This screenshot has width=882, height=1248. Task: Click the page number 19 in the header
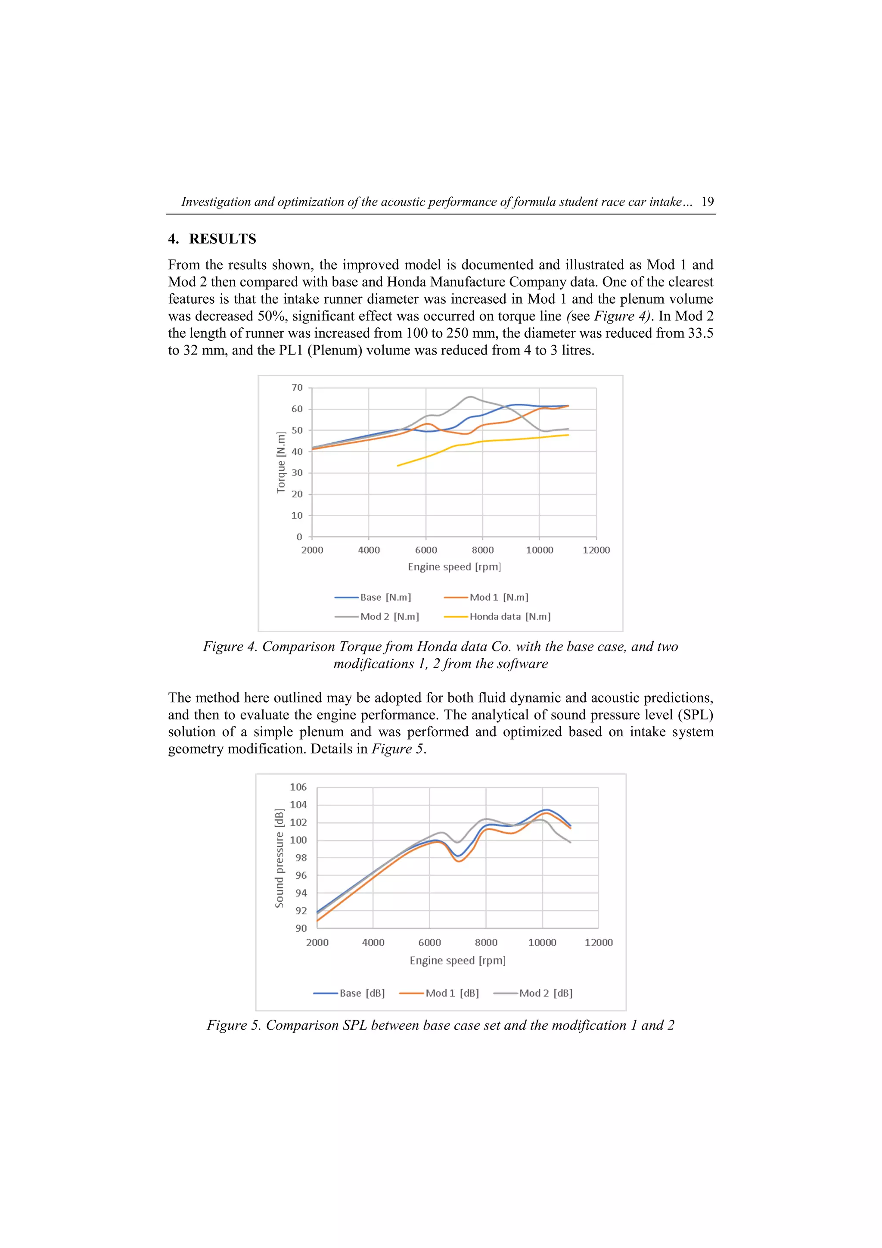(x=707, y=202)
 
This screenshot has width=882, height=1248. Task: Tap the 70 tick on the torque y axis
(x=297, y=388)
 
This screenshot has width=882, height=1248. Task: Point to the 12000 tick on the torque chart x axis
(x=596, y=550)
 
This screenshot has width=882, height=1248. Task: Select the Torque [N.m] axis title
(x=281, y=463)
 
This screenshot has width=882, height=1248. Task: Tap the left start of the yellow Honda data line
(x=398, y=465)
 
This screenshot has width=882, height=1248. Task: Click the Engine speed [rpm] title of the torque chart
(x=454, y=567)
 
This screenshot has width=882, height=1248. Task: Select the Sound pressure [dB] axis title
(x=280, y=858)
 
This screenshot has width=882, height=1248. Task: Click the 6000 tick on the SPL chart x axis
(x=429, y=943)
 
